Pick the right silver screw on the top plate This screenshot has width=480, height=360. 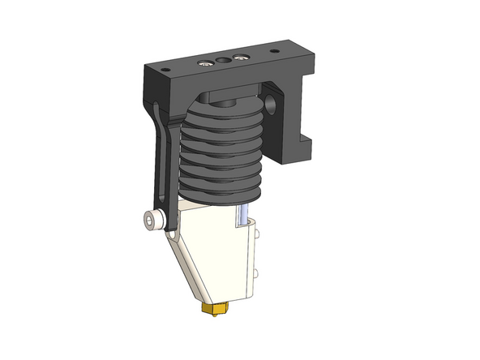(x=240, y=57)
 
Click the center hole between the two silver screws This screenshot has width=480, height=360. (x=222, y=59)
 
